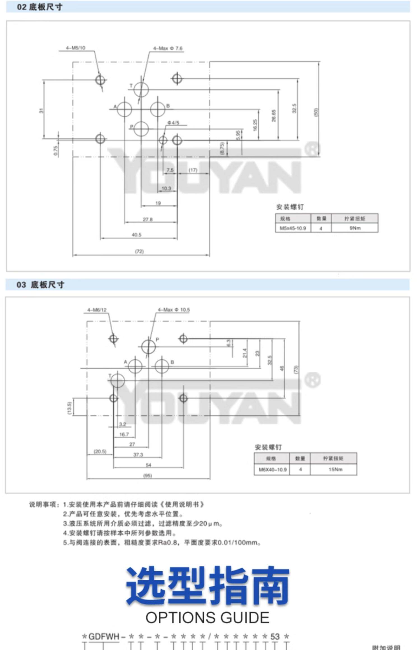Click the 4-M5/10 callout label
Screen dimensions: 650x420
(75, 48)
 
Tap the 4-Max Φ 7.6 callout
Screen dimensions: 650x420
(167, 48)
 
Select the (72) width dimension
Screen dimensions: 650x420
(139, 251)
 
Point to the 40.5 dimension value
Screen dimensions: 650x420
(136, 235)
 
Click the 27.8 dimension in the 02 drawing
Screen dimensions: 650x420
(148, 219)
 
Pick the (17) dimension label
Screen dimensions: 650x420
(193, 170)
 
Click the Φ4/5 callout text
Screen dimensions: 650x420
(173, 123)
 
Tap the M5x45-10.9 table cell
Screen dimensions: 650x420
(293, 228)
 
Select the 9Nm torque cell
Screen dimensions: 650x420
(355, 228)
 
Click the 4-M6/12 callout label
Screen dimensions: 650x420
(97, 310)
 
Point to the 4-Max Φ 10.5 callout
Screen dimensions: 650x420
(174, 310)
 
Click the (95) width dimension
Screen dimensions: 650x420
(148, 476)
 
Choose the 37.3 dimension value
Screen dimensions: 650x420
(138, 455)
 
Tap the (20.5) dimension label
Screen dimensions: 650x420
(100, 451)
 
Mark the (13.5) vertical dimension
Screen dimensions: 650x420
(70, 407)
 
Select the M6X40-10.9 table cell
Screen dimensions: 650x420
(272, 469)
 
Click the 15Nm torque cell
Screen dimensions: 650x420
(335, 469)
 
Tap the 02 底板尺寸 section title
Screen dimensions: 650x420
(39, 7)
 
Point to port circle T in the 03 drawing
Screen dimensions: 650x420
(118, 380)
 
